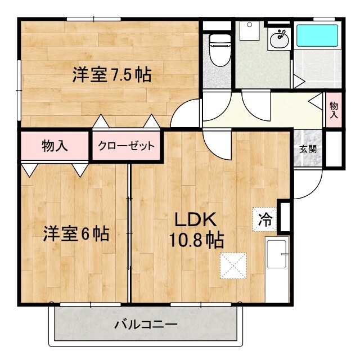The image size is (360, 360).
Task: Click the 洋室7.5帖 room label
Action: pos(111,75)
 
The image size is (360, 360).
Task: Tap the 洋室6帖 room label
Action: pos(76,233)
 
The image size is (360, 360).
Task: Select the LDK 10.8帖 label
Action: pos(196,229)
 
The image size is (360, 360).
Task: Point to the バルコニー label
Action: pos(146,325)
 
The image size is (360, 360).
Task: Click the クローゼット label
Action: pos(126,146)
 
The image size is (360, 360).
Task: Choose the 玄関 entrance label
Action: pos(307,150)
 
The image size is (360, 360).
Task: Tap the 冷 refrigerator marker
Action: pos(264,219)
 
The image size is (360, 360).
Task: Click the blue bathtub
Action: pos(316,34)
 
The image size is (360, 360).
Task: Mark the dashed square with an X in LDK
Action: pos(233,265)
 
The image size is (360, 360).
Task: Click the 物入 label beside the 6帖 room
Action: pos(55,146)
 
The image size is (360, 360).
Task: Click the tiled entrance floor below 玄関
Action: pos(307,160)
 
